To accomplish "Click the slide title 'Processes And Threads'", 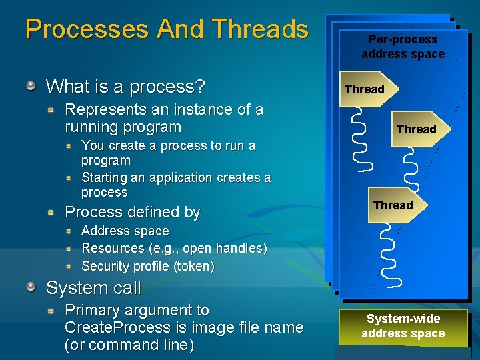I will (167, 29).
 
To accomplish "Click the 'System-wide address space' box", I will (403, 326).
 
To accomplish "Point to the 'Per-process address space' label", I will (403, 47).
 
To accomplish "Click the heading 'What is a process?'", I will (125, 87).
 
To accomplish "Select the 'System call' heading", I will (93, 288).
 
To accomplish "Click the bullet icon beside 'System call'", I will (31, 287).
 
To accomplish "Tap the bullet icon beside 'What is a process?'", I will (31, 85).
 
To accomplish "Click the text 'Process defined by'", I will (132, 213).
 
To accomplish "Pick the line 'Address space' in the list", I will (125, 231).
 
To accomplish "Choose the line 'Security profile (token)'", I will (147, 267).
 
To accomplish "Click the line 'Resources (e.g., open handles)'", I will (173, 249).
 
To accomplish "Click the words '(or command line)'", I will (129, 345).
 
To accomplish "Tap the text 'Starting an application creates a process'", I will (175, 185).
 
